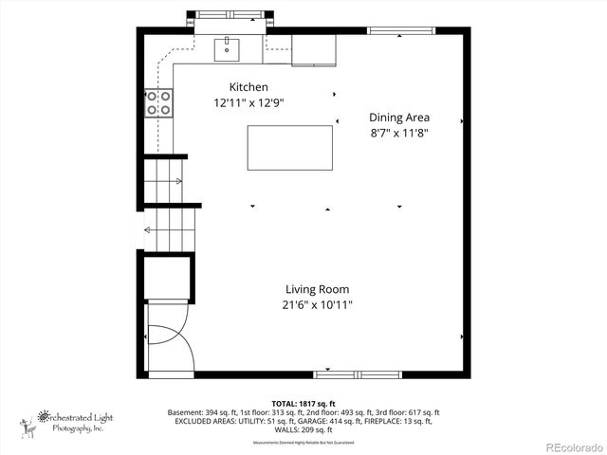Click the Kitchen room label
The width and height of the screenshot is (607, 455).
point(235,87)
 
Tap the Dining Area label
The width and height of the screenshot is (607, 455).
point(398,118)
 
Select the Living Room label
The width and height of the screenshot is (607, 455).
point(317,289)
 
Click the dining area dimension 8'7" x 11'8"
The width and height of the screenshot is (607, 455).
point(398,133)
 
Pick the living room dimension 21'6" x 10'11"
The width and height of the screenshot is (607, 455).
point(317,305)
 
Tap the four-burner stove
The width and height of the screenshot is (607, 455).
point(158,102)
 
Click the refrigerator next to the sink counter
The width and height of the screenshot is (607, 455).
point(314,51)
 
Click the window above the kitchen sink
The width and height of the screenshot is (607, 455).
point(229,14)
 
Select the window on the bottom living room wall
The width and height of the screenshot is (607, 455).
point(358,373)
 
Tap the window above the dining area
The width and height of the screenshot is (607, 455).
point(397,31)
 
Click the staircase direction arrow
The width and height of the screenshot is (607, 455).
point(149,228)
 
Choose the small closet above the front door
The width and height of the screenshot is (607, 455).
point(168,277)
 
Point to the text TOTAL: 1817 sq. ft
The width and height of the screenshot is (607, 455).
point(304,403)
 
